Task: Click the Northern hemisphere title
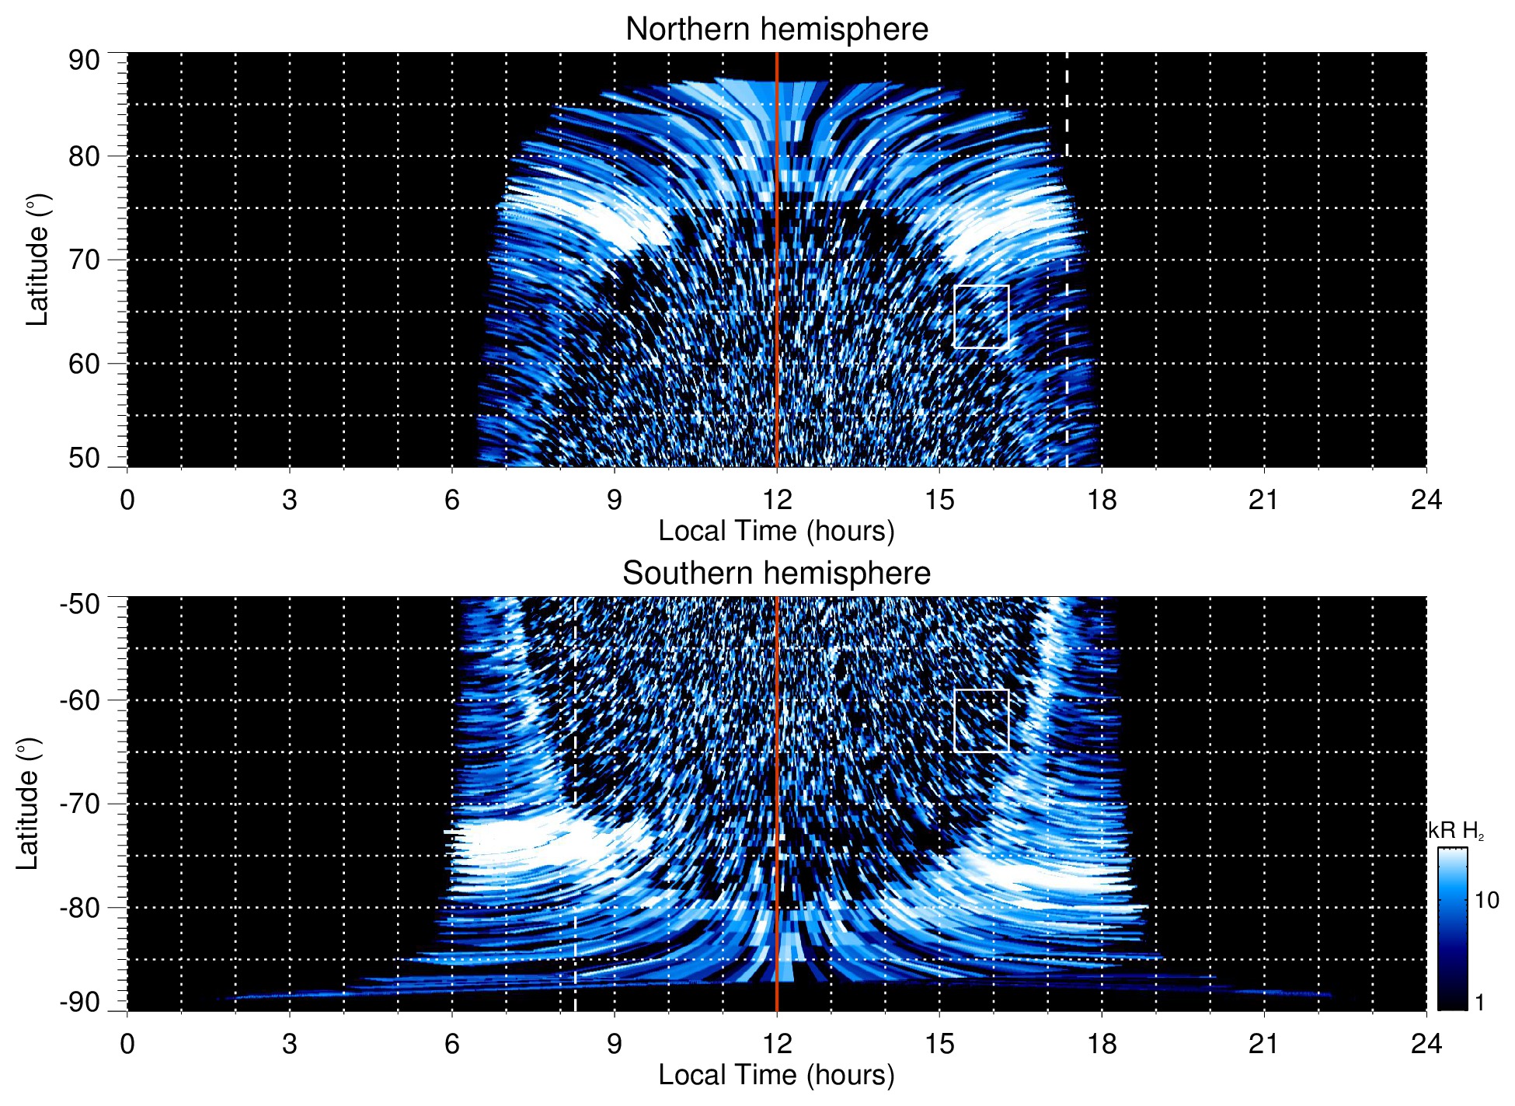(776, 30)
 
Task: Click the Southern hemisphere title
(776, 574)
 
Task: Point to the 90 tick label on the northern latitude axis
(84, 61)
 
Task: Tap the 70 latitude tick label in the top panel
(84, 260)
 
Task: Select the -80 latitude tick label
(80, 907)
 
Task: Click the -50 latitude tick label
(80, 604)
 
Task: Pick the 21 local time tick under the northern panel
(1263, 500)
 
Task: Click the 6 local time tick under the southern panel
(451, 1043)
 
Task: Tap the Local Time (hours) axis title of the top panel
(776, 531)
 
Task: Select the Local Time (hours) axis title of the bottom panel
(776, 1075)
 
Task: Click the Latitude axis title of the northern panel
(37, 260)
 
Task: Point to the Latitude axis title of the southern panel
(27, 804)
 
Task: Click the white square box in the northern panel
(981, 316)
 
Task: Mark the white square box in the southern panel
(981, 720)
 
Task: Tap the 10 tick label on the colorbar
(1486, 900)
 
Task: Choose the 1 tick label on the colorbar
(1479, 1003)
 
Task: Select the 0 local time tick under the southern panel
(127, 1043)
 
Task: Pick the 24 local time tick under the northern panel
(1426, 500)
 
